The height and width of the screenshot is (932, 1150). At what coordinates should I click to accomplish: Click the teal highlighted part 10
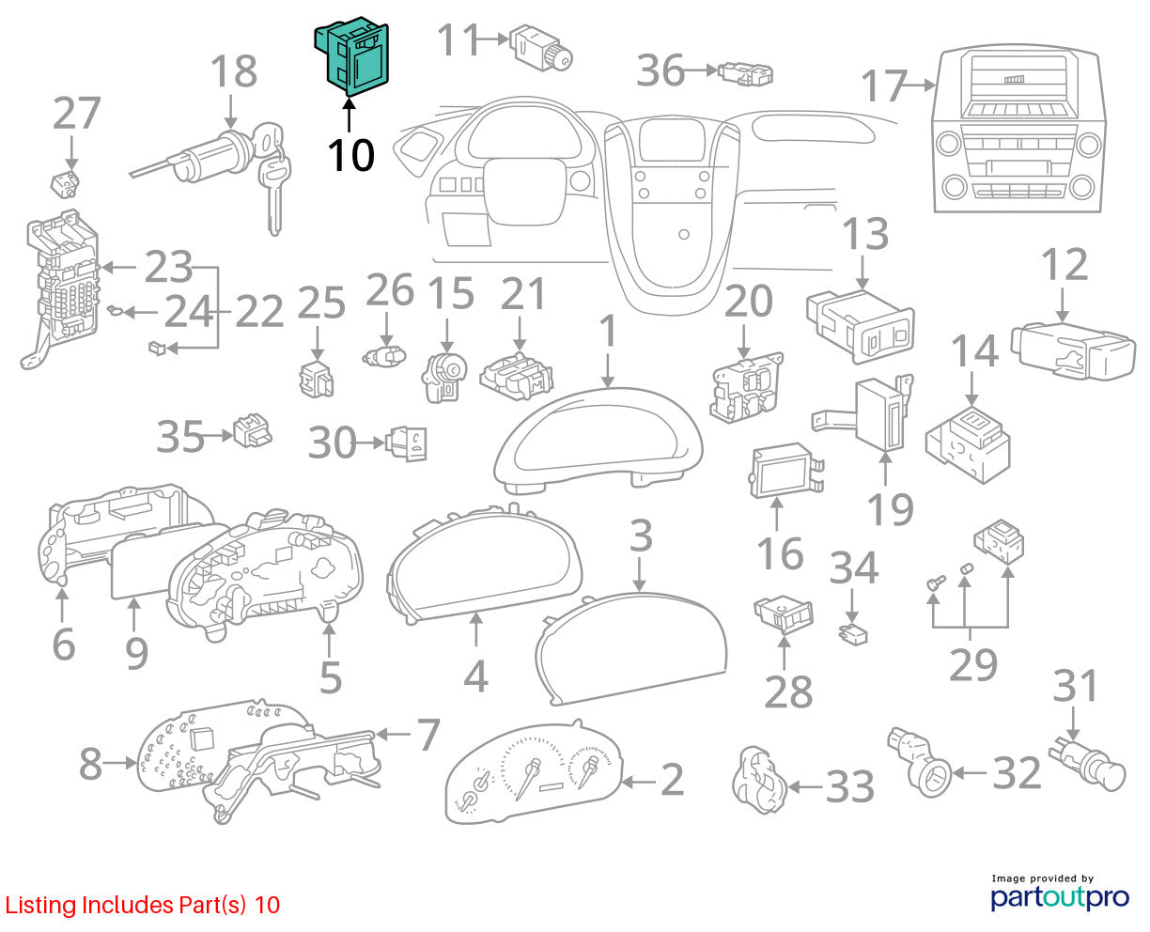pyautogui.click(x=351, y=56)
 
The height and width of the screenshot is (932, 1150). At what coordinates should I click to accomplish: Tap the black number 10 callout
pyautogui.click(x=351, y=156)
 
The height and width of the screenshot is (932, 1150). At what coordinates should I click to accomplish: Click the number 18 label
pyautogui.click(x=233, y=70)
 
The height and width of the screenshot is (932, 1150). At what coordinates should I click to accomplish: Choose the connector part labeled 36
pyautogui.click(x=745, y=74)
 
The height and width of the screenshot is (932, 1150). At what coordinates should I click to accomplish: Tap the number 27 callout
pyautogui.click(x=77, y=113)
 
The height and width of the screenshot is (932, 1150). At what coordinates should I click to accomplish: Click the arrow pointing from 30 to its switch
pyautogui.click(x=370, y=443)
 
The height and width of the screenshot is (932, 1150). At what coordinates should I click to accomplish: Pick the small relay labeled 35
pyautogui.click(x=252, y=431)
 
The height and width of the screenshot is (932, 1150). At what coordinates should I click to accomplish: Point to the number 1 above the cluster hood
pyautogui.click(x=608, y=331)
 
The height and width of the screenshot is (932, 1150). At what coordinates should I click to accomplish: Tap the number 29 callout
pyautogui.click(x=973, y=665)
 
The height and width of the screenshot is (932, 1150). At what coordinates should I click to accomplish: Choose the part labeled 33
pyautogui.click(x=758, y=780)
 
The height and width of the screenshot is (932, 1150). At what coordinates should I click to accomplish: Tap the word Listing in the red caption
pyautogui.click(x=40, y=906)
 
